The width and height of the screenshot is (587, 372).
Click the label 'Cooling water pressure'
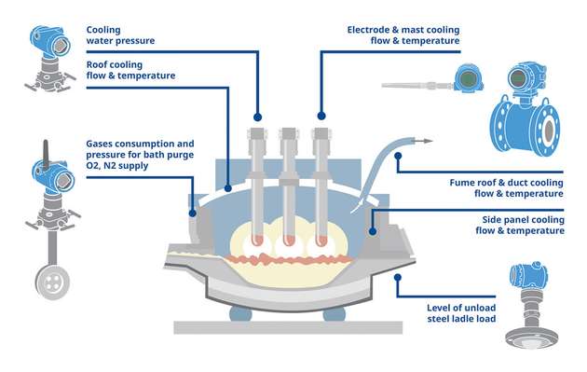pos(120,35)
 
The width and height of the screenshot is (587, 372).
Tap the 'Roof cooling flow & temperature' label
pos(130,70)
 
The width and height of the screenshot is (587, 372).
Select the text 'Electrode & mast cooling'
pos(403,30)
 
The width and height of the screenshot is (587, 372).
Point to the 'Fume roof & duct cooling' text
pos(506,183)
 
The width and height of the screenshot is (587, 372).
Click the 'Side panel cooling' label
pos(523,219)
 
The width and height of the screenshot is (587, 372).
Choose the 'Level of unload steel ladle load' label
pos(461,313)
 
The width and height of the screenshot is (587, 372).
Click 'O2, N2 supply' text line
pos(117,165)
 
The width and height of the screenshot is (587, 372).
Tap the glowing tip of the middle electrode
pos(289,241)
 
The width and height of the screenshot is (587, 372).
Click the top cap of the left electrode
pos(257,133)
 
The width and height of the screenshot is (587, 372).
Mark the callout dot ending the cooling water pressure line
pos(257,117)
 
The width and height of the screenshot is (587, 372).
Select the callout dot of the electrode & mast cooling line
pos(321,116)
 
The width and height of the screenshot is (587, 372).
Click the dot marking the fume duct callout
pos(398,156)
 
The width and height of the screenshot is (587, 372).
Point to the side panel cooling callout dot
pos(373,231)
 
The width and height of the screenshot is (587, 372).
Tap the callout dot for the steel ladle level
pos(398,278)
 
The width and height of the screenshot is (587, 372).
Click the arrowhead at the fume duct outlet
pos(428,141)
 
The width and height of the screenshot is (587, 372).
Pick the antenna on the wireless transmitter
pos(46,155)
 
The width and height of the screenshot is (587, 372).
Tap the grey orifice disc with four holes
pos(52,282)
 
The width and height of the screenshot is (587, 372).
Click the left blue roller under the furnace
pos(240,314)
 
